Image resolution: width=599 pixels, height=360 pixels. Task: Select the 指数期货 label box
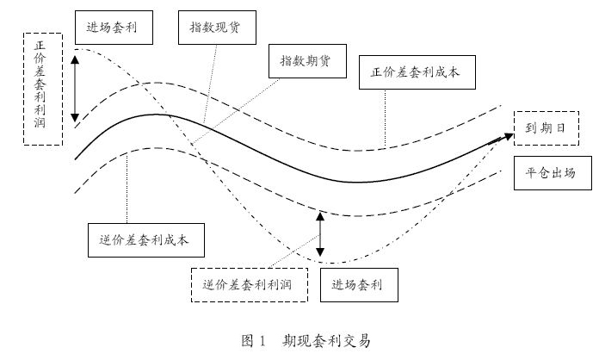306,61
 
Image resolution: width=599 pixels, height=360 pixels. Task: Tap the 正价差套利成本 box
416,72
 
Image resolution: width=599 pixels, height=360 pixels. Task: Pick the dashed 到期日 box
544,127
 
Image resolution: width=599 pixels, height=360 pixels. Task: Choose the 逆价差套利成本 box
147,240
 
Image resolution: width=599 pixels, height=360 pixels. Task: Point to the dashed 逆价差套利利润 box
249,283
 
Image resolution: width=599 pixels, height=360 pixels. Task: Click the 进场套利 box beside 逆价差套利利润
359,283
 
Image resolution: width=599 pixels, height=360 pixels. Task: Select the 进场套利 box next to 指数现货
114,28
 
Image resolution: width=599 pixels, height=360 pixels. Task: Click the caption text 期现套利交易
326,341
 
